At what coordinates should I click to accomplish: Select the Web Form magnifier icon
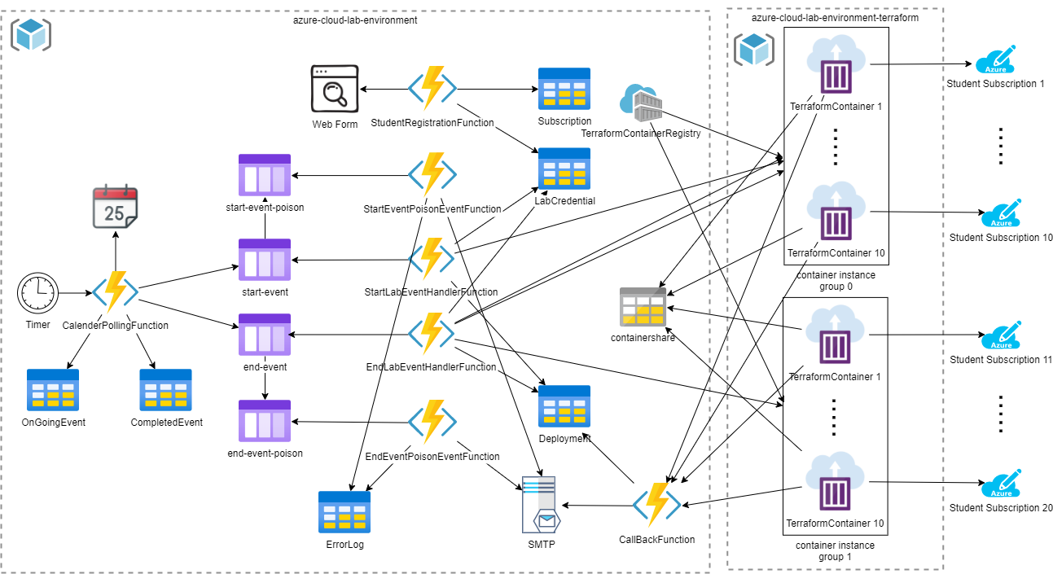coord(335,90)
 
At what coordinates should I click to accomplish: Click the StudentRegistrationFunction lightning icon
coord(432,89)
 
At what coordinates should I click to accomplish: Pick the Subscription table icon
coord(564,89)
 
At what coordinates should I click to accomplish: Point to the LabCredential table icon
coord(564,169)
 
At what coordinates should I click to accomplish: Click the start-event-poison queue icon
coord(265,175)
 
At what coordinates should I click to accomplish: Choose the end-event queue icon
coord(265,335)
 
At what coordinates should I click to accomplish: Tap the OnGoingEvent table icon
coord(53,389)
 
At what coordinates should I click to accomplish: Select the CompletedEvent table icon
coord(165,389)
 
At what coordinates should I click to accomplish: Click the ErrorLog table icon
coord(344,512)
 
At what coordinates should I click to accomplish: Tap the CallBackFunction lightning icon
coord(656,506)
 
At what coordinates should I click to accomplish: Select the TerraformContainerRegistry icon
coord(640,103)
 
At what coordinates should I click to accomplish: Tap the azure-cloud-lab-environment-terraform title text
coord(835,17)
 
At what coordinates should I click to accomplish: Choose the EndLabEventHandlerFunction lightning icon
coord(432,335)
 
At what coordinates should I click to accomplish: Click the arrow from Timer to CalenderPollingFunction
coord(75,293)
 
